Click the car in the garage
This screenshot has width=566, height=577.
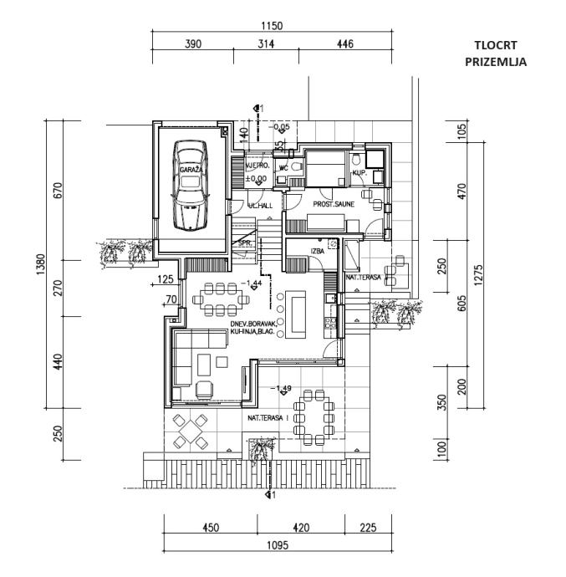click(x=191, y=185)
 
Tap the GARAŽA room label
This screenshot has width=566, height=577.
click(x=190, y=170)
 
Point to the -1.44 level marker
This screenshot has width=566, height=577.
click(x=251, y=284)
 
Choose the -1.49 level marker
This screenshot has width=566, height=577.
click(x=280, y=389)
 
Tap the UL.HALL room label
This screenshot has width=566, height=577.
click(x=259, y=206)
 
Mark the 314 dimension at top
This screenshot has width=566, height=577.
click(x=265, y=43)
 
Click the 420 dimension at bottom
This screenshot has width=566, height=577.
click(x=301, y=528)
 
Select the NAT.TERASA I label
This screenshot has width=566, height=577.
click(x=267, y=417)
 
